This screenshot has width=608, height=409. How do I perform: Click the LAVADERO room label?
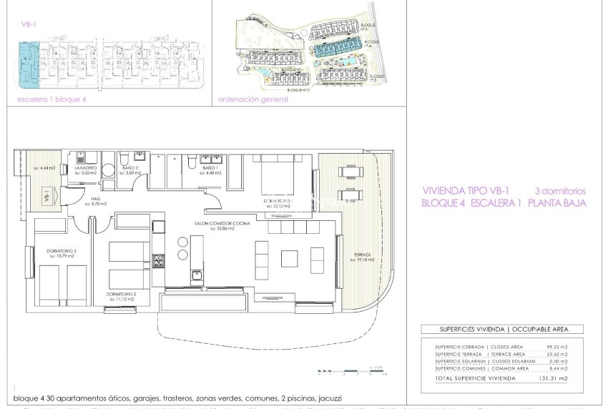click(86, 167)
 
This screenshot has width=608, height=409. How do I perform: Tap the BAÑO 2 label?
click(129, 167)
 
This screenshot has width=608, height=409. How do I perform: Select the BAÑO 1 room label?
click(210, 167)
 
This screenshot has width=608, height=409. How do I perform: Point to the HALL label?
click(96, 200)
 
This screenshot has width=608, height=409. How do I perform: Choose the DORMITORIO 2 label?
click(119, 292)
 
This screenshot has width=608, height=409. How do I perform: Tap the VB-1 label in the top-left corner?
click(29, 24)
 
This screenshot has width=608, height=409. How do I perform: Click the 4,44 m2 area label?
click(44, 167)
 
